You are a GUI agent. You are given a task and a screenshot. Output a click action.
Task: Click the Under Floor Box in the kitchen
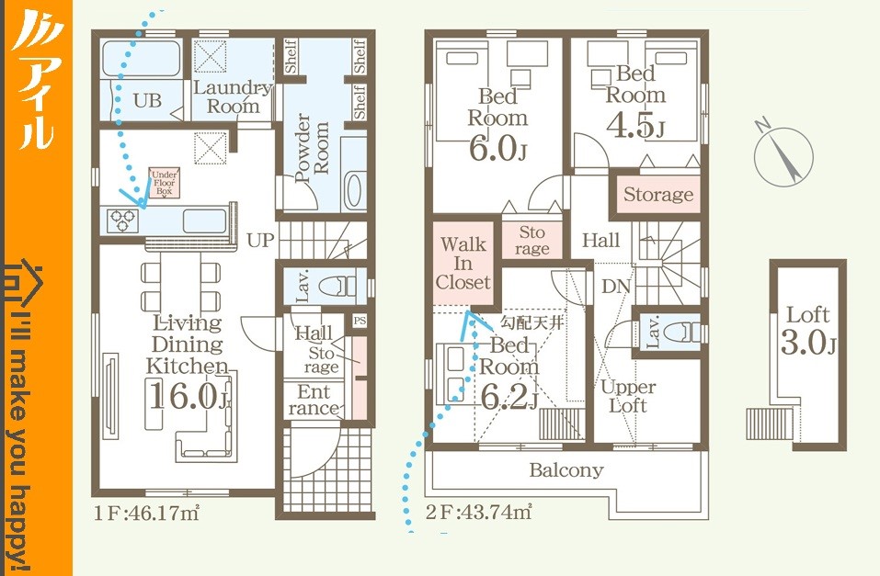click(164, 182)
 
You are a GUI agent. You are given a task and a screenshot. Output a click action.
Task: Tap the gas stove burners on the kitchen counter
click(123, 220)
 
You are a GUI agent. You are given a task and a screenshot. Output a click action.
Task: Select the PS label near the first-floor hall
click(360, 321)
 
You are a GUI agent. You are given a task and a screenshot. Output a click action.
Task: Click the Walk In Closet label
click(463, 263)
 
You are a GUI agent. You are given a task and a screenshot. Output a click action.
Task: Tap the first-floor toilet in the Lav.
click(337, 286)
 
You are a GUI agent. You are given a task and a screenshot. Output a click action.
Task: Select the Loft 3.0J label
click(808, 331)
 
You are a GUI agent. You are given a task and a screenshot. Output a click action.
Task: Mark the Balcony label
click(566, 469)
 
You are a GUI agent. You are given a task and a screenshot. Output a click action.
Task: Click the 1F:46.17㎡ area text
click(146, 513)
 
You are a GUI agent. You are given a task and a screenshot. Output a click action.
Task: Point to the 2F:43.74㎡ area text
click(479, 512)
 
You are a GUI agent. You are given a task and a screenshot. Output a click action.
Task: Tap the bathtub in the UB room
click(142, 58)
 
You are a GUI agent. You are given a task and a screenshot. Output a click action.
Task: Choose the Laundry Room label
click(233, 96)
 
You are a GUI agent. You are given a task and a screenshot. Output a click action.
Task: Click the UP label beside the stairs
click(260, 240)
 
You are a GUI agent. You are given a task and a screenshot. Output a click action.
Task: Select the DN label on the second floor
click(616, 287)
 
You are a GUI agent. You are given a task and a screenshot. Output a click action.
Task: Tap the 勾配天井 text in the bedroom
click(531, 322)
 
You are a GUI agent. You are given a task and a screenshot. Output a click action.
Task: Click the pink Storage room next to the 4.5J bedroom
click(657, 195)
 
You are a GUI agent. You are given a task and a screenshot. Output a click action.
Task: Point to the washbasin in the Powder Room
click(354, 190)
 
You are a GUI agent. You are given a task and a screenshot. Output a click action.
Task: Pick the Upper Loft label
click(628, 396)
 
